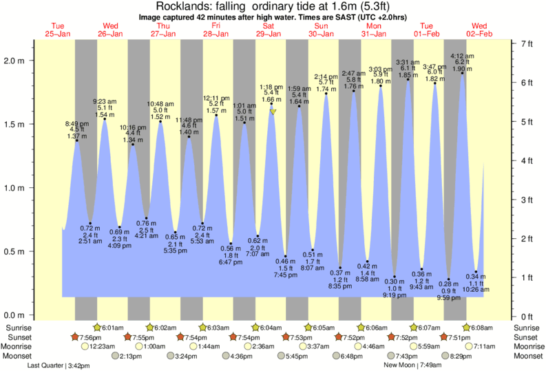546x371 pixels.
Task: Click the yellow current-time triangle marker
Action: (273, 112)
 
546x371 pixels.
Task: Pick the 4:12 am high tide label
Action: (461, 56)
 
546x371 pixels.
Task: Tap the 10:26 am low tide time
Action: (475, 289)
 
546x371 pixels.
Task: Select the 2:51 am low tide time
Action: (90, 242)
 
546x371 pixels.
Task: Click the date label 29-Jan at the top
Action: (268, 34)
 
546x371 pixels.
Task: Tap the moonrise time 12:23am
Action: (101, 347)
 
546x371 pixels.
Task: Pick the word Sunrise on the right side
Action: (527, 327)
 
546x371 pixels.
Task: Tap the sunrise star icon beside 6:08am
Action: (467, 327)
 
